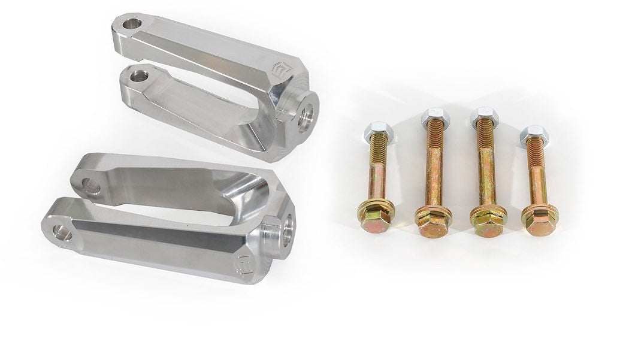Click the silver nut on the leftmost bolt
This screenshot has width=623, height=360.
click(376, 129)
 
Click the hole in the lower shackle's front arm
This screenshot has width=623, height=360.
click(62, 232)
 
